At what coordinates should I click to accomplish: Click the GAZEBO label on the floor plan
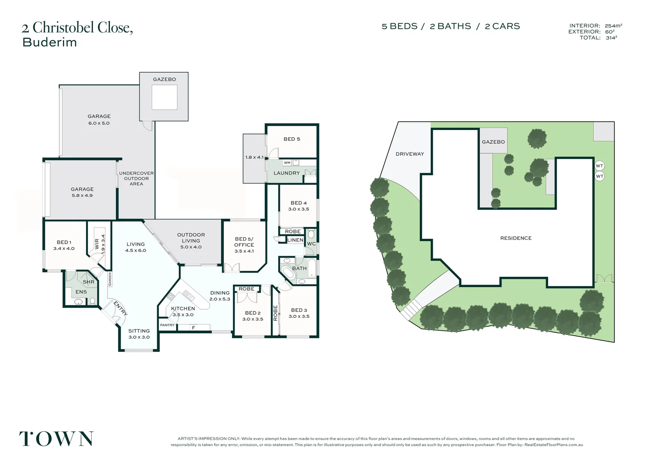[164, 79]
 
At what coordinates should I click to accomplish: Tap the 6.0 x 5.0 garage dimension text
[99, 123]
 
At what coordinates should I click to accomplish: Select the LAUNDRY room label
[286, 173]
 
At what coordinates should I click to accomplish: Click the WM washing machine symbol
[287, 163]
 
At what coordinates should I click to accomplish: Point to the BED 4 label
[298, 203]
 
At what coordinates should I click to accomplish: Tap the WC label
[311, 244]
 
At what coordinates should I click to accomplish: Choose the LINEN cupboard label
[295, 240]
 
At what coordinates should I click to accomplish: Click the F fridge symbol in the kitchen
[193, 328]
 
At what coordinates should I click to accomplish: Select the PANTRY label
[167, 325]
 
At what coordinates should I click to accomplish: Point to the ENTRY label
[120, 308]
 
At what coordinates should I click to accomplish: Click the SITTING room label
[139, 331]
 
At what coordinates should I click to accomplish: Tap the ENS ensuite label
[81, 292]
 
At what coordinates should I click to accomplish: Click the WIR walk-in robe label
[97, 245]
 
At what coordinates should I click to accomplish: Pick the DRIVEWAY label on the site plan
[410, 154]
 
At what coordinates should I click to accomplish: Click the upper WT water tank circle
[599, 166]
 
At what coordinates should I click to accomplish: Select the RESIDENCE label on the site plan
[515, 238]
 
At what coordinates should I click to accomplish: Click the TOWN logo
[56, 439]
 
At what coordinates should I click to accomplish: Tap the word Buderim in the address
[50, 42]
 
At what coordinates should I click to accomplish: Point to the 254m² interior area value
[613, 26]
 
